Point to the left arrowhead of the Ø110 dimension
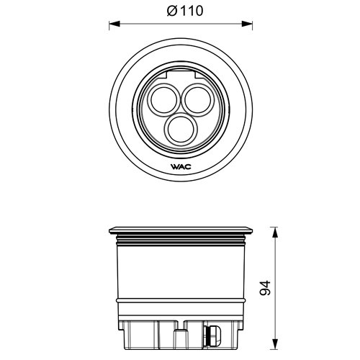[x=113, y=23]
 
